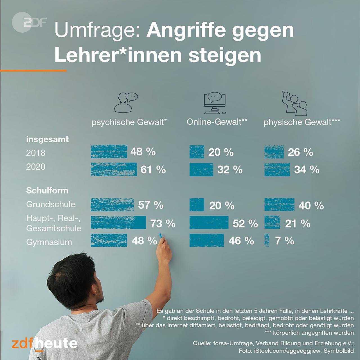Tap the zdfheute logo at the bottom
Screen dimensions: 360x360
pyautogui.click(x=45, y=344)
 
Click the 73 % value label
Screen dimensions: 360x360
pyautogui.click(x=163, y=224)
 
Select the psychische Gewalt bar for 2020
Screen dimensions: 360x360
pyautogui.click(x=114, y=169)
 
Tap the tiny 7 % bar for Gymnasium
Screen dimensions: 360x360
pyautogui.click(x=267, y=241)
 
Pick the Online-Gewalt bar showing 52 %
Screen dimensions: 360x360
pyautogui.click(x=209, y=223)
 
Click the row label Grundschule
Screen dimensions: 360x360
pyautogui.click(x=51, y=204)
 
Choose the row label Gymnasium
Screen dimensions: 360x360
pyautogui.click(x=49, y=242)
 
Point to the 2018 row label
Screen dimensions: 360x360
pyautogui.click(x=36, y=153)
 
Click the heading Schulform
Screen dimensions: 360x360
pyautogui.click(x=47, y=191)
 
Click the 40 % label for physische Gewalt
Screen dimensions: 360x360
pyautogui.click(x=311, y=206)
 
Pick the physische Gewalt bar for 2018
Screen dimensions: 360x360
pyautogui.click(x=274, y=152)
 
